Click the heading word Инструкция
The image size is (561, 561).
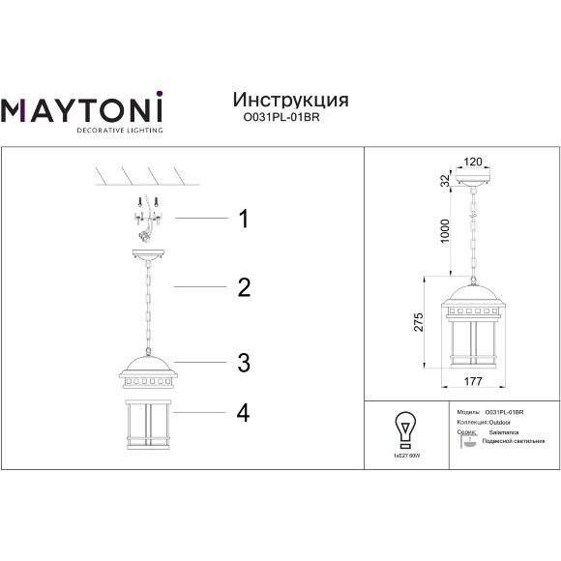pos(291,101)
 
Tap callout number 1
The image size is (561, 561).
pos(244,220)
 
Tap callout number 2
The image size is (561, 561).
pos(244,287)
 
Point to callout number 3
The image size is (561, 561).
pos(244,363)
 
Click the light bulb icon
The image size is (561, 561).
pos(405,426)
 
